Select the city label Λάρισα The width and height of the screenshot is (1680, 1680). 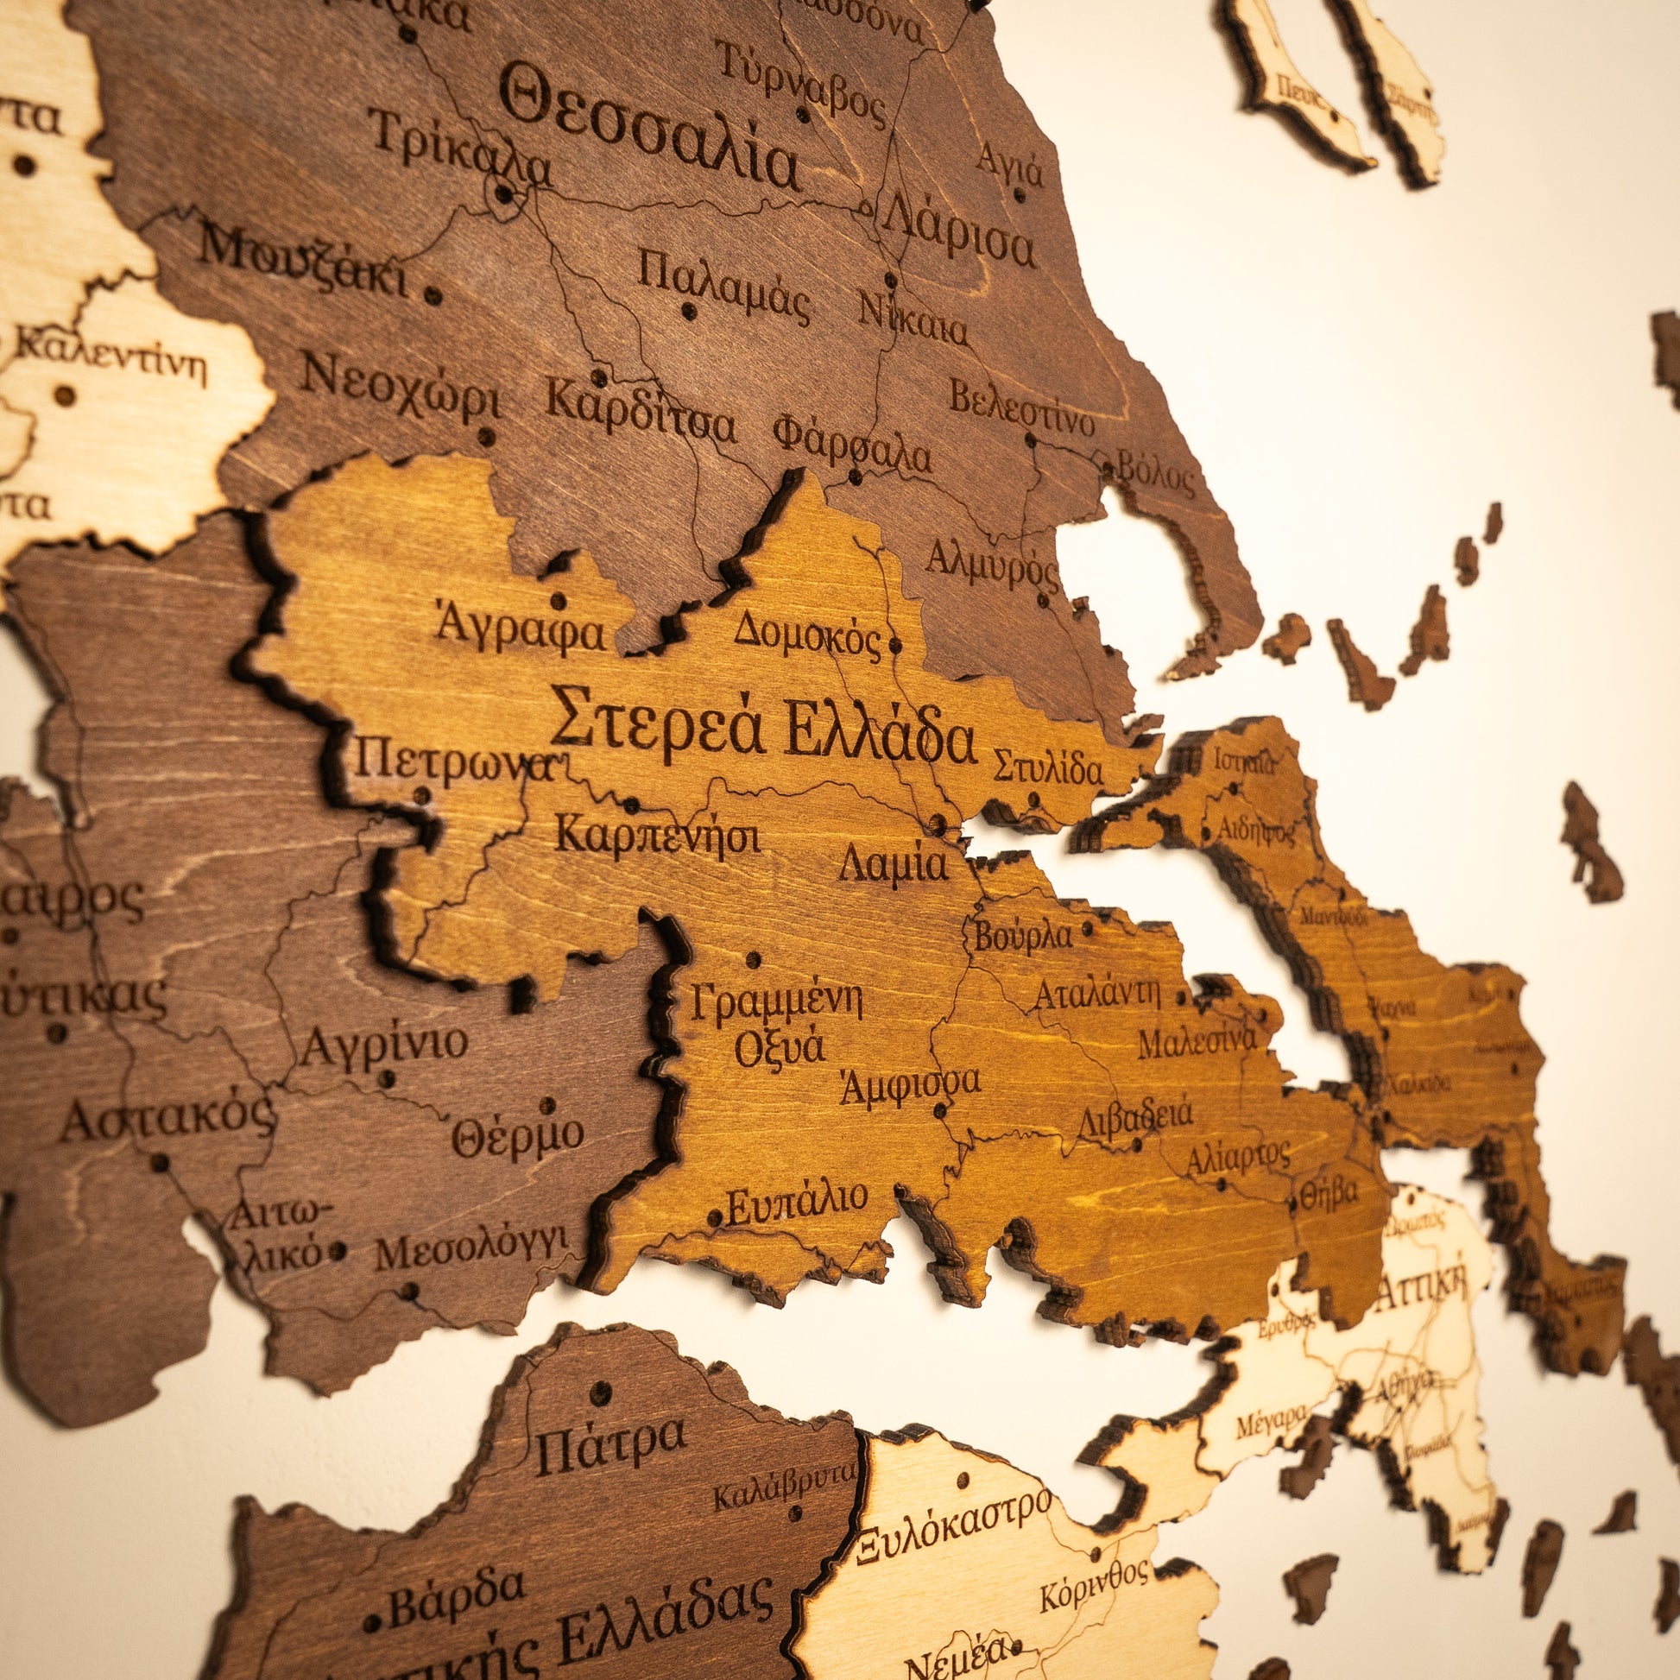(x=960, y=231)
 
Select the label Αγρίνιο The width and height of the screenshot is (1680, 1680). (x=383, y=1045)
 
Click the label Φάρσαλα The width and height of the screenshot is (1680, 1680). (x=851, y=444)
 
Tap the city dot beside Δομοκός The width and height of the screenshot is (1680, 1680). (x=895, y=646)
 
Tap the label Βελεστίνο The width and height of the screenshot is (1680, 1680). (x=1022, y=408)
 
